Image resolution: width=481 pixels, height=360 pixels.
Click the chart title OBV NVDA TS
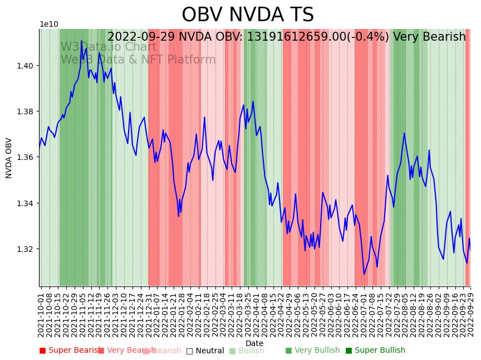tap(248, 15)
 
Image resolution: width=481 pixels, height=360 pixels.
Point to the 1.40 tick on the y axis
tap(27, 66)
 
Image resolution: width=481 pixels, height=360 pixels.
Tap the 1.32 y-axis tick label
tap(27, 249)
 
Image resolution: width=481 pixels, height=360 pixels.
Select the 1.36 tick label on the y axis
tap(27, 157)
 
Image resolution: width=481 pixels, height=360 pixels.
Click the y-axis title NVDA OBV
tap(9, 158)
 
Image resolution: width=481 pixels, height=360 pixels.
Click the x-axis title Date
tap(254, 343)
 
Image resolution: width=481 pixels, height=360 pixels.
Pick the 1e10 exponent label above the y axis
tap(48, 24)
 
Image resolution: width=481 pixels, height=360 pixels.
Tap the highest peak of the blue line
tap(81, 41)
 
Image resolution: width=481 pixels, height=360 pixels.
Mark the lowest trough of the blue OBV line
tap(364, 274)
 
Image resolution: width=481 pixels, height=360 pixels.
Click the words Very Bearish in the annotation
tap(429, 37)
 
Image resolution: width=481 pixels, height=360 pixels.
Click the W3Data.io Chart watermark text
tap(109, 47)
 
